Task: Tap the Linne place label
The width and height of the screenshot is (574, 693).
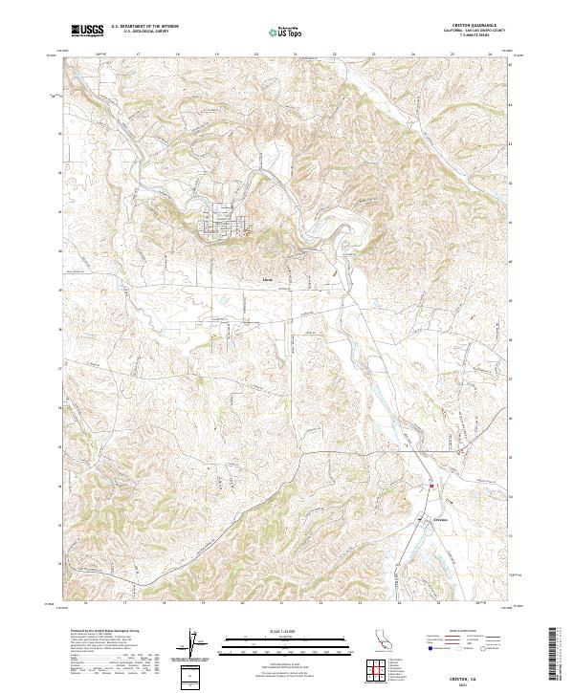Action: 267,281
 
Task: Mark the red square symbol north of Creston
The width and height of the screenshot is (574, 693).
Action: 431,486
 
